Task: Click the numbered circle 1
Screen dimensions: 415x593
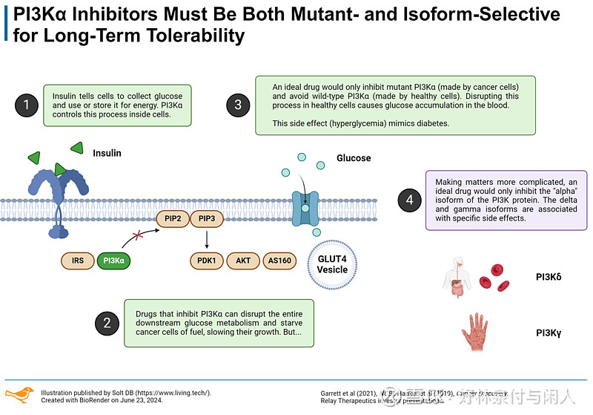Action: (x=27, y=105)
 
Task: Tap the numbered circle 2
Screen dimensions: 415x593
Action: (x=107, y=322)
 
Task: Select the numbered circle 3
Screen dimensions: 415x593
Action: (x=238, y=105)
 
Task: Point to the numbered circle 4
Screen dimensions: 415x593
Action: (x=409, y=200)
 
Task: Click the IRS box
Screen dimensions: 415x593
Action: (x=77, y=261)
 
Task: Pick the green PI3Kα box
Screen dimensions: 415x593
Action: (x=114, y=261)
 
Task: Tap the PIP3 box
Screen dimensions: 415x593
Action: (x=208, y=219)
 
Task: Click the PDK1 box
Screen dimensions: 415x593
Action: (x=207, y=261)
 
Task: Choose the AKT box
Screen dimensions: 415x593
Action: (x=243, y=261)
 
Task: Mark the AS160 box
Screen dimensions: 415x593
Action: (x=279, y=261)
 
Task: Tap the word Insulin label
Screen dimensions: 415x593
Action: (x=107, y=153)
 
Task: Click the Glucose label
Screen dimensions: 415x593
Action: (x=354, y=158)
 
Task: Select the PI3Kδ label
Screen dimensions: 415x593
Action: (x=549, y=278)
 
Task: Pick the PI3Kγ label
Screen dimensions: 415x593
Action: (x=549, y=333)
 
